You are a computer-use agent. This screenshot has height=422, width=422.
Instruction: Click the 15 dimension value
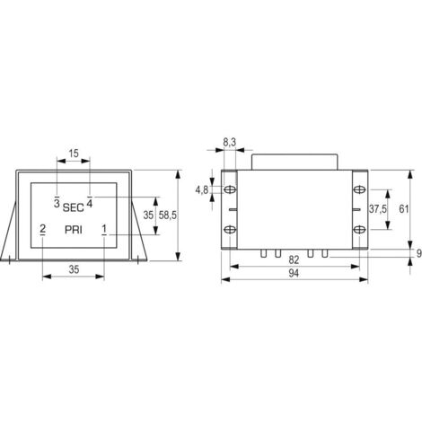pos(74,154)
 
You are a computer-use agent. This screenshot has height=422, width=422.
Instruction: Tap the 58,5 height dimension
pos(168,215)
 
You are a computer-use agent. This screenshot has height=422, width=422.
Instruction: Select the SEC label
pos(74,207)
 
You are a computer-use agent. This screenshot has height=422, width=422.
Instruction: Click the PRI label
pos(74,230)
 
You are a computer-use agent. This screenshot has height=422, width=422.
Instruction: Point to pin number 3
pos(57,203)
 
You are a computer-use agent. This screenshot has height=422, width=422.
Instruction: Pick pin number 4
pos(90,203)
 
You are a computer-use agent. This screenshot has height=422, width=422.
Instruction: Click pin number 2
pos(42,229)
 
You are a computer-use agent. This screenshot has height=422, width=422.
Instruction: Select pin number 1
pos(104,229)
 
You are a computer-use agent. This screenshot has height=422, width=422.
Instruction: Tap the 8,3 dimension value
pos(230,143)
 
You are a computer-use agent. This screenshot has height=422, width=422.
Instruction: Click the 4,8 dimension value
pos(202,189)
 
